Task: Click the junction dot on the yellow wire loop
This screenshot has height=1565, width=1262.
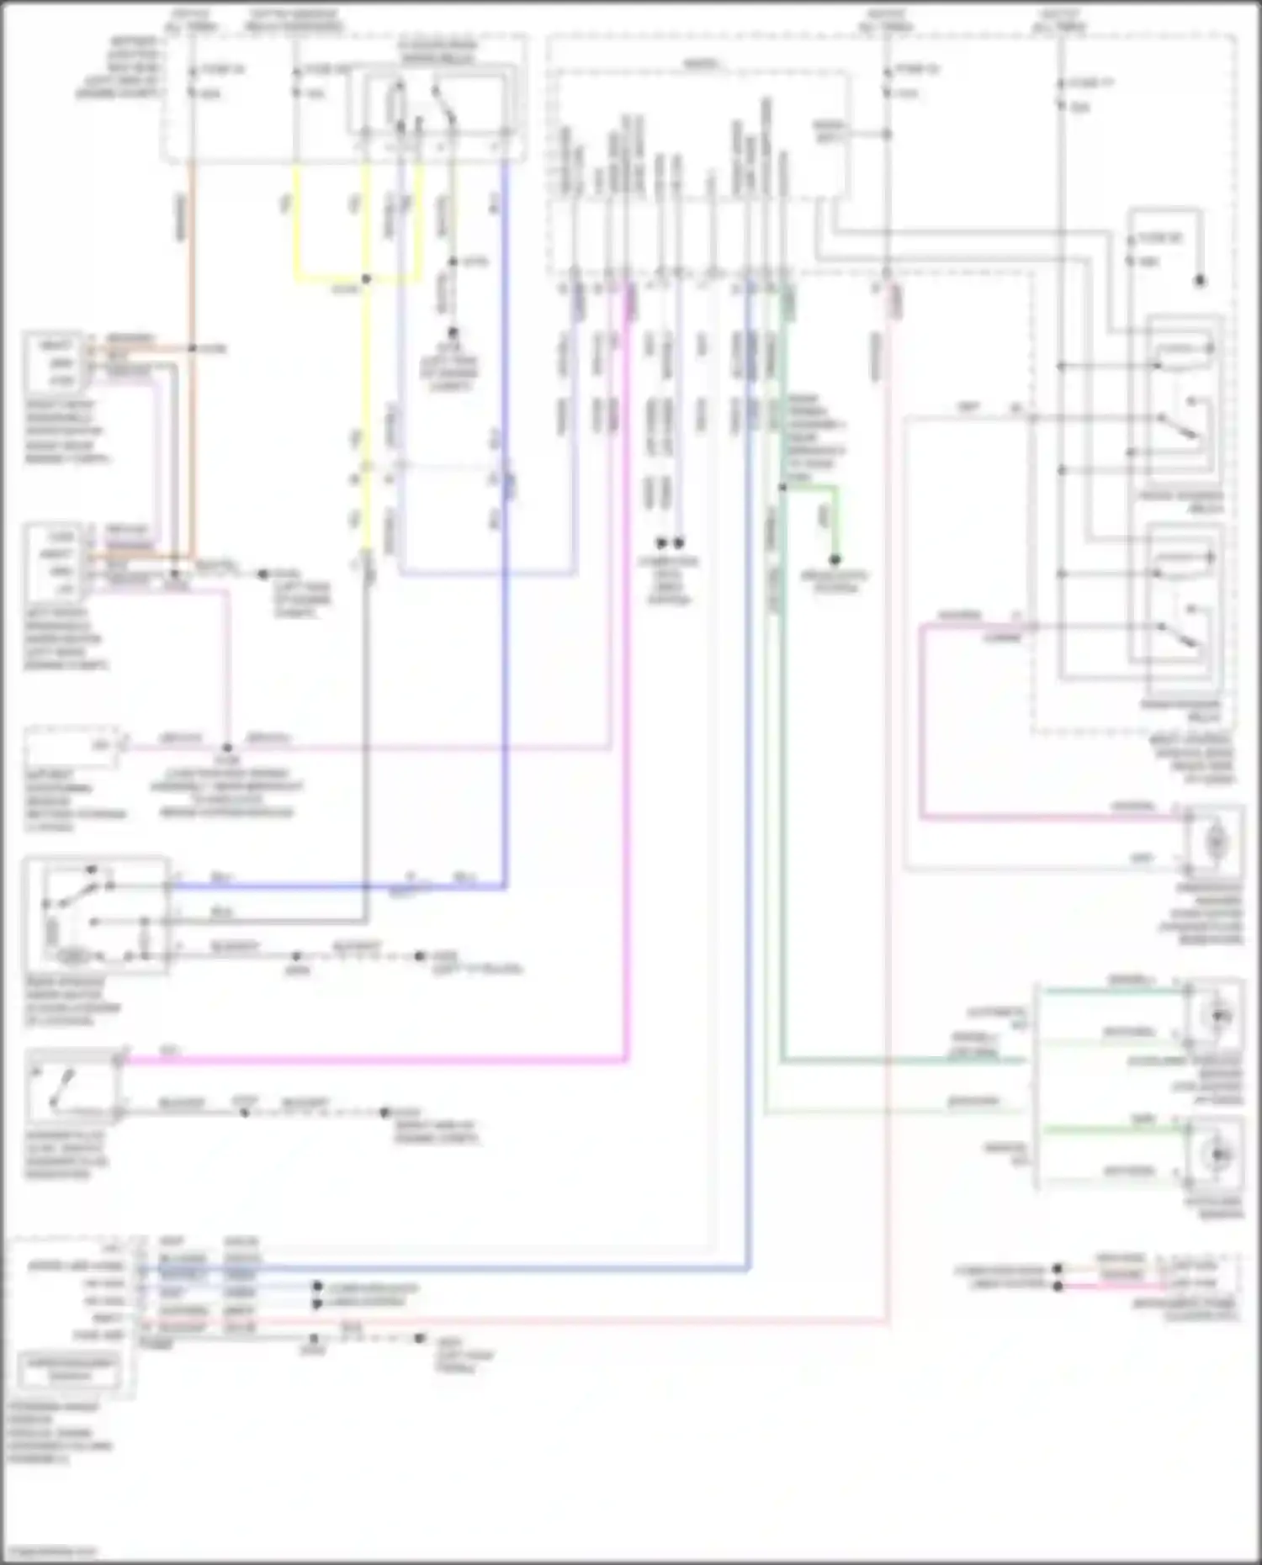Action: click(x=366, y=279)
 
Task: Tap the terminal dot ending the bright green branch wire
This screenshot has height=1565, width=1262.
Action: click(x=835, y=559)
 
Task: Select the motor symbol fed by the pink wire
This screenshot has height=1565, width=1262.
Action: click(x=1215, y=840)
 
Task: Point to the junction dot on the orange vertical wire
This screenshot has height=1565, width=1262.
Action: click(x=192, y=348)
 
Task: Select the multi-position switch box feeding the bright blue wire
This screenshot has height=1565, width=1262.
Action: click(x=95, y=915)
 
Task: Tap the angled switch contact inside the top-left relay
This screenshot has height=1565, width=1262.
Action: click(x=443, y=104)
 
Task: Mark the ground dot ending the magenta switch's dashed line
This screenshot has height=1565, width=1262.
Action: click(x=384, y=1113)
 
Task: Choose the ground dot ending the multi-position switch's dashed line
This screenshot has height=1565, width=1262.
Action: click(x=419, y=956)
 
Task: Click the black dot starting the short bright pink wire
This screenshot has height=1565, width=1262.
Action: click(x=1058, y=1286)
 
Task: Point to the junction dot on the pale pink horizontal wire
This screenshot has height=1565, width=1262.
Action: click(x=227, y=747)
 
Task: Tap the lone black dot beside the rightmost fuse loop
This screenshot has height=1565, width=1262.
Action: click(x=1200, y=281)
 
